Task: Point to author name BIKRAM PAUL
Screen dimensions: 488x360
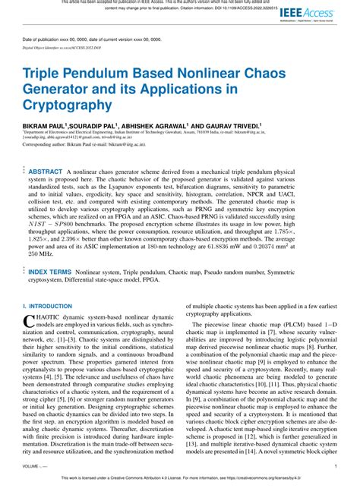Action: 44,124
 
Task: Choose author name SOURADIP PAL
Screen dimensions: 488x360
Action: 93,124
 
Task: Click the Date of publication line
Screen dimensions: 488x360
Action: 90,39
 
